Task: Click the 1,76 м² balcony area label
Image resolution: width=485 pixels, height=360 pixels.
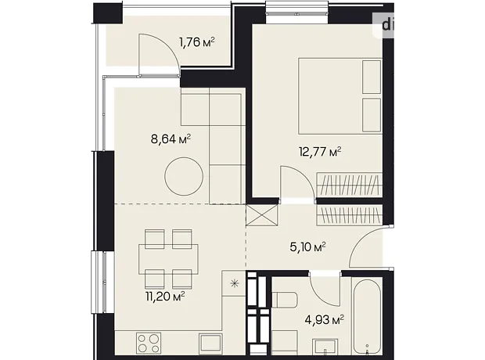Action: [x=197, y=41]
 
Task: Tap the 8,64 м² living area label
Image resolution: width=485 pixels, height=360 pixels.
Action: [x=171, y=139]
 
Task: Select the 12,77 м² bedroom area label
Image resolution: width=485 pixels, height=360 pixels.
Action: [x=320, y=152]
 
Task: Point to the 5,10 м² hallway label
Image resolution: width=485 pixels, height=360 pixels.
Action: [x=307, y=247]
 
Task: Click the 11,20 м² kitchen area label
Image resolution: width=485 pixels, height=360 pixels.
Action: [x=165, y=297]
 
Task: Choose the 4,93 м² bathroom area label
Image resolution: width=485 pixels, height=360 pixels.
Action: [x=325, y=320]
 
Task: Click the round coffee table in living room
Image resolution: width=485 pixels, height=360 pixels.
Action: [x=184, y=176]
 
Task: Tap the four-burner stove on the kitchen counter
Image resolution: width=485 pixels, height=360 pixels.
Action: [x=149, y=343]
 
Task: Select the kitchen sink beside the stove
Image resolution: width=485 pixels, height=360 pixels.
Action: [x=210, y=343]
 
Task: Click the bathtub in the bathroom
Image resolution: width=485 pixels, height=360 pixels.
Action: [x=368, y=316]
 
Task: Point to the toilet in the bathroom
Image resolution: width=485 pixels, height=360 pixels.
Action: [x=285, y=300]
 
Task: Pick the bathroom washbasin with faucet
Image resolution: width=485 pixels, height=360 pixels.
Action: [x=325, y=347]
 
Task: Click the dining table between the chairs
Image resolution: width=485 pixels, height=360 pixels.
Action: [x=168, y=259]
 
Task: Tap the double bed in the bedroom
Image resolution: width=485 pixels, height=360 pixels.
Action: [x=340, y=95]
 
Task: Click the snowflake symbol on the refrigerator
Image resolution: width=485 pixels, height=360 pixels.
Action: [x=235, y=283]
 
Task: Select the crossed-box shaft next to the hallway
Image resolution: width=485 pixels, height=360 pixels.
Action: [x=262, y=214]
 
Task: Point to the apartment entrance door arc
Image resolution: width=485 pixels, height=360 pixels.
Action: [x=361, y=242]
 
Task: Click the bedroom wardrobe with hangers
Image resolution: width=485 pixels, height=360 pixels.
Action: [x=350, y=184]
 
